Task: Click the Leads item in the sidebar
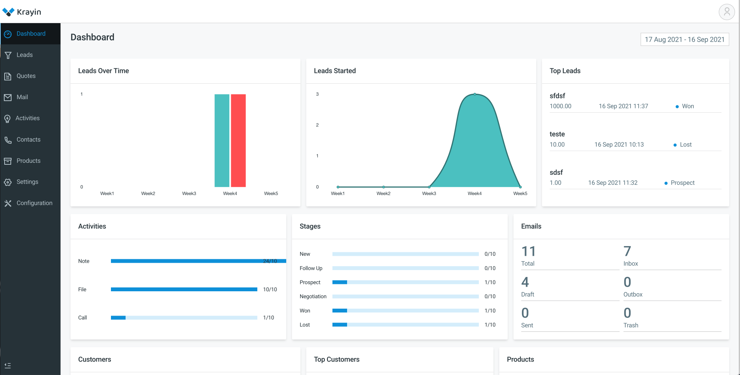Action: click(24, 55)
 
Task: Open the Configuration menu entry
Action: click(34, 203)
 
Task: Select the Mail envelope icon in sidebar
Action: click(8, 98)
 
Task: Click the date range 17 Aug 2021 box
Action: click(685, 39)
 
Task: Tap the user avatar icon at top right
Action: click(727, 12)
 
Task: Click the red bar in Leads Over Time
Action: click(238, 140)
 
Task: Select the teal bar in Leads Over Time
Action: click(222, 140)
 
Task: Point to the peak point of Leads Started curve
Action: click(475, 94)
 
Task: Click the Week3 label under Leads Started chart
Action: click(429, 193)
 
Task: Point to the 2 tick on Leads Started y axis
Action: click(317, 125)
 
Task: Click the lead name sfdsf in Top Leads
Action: click(557, 96)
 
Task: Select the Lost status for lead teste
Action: click(685, 145)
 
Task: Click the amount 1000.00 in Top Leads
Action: click(560, 106)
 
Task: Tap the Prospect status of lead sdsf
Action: click(682, 183)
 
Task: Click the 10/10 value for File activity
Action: click(270, 289)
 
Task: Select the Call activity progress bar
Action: click(184, 318)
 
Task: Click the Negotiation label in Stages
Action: click(313, 296)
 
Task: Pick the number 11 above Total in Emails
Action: click(529, 252)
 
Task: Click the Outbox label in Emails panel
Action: click(633, 294)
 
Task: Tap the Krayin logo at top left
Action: click(22, 12)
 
